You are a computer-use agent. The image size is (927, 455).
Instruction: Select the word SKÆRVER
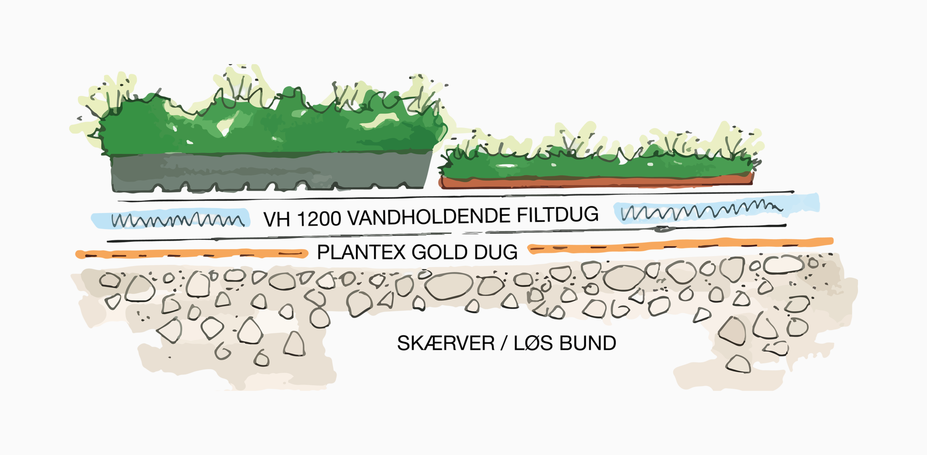pyautogui.click(x=446, y=343)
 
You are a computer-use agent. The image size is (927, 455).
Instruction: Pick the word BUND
pyautogui.click(x=587, y=343)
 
